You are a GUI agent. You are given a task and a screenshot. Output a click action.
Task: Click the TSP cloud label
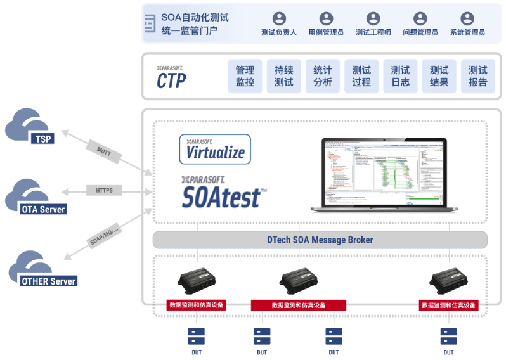click(43, 139)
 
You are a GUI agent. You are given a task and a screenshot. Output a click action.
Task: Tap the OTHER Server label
click(48, 281)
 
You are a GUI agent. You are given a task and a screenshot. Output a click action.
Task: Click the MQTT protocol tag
click(103, 150)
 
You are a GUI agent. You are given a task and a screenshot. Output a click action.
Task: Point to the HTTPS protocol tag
click(104, 190)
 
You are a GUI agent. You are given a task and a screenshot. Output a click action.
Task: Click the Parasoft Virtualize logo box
click(215, 150)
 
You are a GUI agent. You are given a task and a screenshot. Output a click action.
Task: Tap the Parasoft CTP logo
click(172, 77)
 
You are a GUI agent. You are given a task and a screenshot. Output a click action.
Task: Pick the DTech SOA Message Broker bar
click(320, 240)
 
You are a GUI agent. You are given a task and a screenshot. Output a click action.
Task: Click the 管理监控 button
click(245, 77)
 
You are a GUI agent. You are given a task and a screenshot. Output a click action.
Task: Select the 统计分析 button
click(322, 77)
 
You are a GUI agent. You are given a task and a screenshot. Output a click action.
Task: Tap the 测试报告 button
click(477, 77)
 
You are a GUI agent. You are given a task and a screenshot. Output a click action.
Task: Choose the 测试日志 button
click(400, 77)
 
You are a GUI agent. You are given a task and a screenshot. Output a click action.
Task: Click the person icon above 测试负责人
click(279, 18)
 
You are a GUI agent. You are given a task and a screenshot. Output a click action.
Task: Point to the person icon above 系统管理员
click(467, 18)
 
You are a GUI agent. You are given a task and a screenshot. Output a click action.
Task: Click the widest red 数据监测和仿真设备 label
click(299, 305)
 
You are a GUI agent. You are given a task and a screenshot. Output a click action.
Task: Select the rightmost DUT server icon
click(448, 336)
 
